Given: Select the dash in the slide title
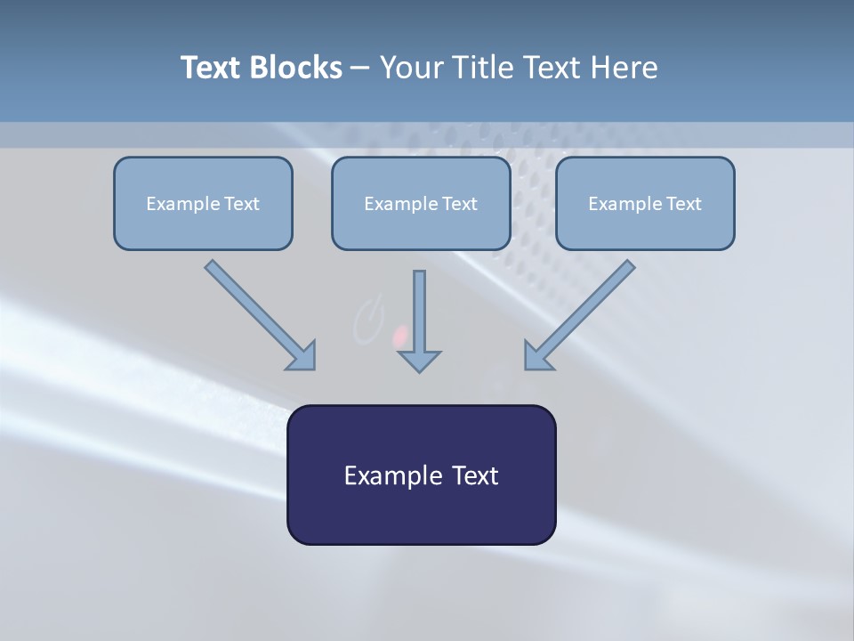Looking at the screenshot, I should pyautogui.click(x=360, y=68).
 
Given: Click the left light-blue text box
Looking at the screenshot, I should pyautogui.click(x=203, y=203).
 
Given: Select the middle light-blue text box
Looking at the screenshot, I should pyautogui.click(x=421, y=203).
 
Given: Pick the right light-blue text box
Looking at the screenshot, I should pyautogui.click(x=645, y=203).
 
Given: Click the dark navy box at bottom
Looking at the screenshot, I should pyautogui.click(x=421, y=475).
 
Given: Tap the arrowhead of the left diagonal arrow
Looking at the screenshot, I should pyautogui.click(x=302, y=356).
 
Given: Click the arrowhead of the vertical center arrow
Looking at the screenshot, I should pyautogui.click(x=419, y=361).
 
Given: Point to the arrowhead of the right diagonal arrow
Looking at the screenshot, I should pyautogui.click(x=536, y=356).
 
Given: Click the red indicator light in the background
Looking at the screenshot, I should pyautogui.click(x=400, y=336).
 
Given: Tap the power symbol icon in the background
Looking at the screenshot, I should pyautogui.click(x=367, y=320).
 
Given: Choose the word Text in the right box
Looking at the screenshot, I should pyautogui.click(x=683, y=204).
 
